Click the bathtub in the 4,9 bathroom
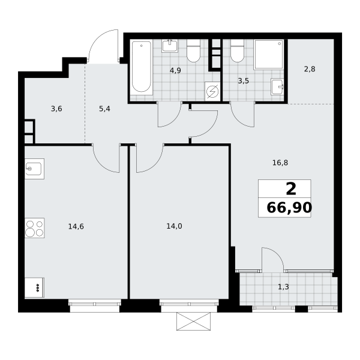click(x=142, y=67)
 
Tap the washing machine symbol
click(x=212, y=91)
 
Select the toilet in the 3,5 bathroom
click(x=238, y=50)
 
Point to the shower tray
click(x=269, y=55)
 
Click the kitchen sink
click(x=34, y=169)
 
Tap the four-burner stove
click(x=34, y=228)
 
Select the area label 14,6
click(x=76, y=227)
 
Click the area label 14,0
click(x=174, y=226)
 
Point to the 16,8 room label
click(x=280, y=163)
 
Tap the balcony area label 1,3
click(x=284, y=287)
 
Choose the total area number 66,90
click(x=289, y=208)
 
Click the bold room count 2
click(x=291, y=189)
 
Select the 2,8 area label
click(x=310, y=69)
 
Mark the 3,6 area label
click(x=56, y=109)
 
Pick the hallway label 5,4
click(x=104, y=109)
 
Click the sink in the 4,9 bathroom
click(x=170, y=46)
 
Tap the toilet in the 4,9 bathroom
click(x=194, y=50)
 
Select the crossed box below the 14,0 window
click(x=194, y=321)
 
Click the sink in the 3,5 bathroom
click(x=277, y=86)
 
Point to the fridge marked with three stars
click(x=34, y=287)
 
